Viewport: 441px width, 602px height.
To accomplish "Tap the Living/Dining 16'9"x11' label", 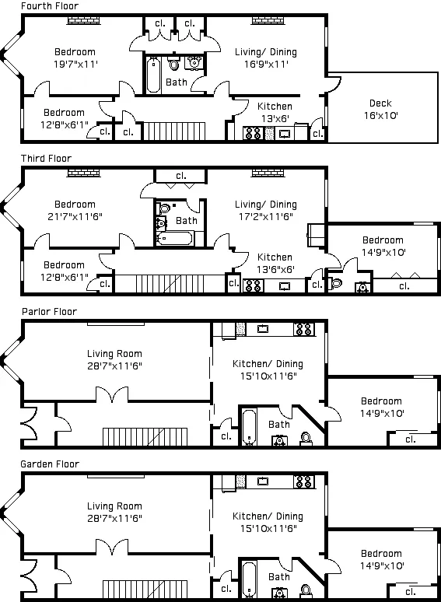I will tap(266, 58).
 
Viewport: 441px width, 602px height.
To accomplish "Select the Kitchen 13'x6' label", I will tap(275, 112).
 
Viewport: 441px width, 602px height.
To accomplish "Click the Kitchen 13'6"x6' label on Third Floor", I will tap(275, 263).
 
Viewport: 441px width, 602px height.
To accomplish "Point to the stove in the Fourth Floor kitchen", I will tap(253, 133).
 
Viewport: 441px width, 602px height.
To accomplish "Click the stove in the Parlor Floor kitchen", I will tap(303, 330).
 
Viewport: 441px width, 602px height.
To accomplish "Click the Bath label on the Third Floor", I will tap(187, 221).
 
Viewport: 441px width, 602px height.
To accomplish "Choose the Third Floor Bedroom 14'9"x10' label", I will tap(382, 247).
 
